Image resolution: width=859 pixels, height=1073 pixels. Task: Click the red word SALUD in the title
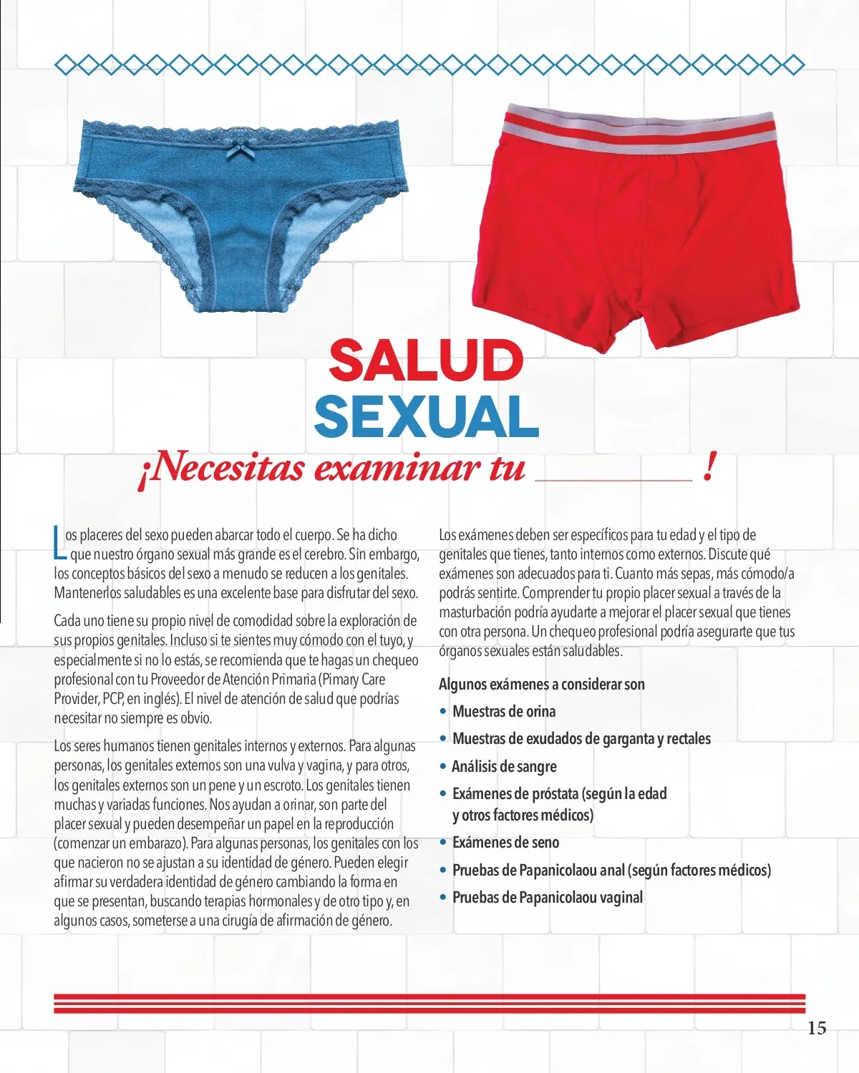coord(426,360)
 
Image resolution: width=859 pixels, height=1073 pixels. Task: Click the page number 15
coord(816,1028)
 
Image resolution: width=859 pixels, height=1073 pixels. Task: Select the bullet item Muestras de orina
coord(504,711)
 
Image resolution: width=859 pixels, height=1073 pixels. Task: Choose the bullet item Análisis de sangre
coord(504,766)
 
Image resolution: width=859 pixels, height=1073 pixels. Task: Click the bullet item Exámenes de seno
coord(505,842)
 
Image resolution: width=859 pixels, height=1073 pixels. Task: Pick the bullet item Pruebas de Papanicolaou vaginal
coord(548,897)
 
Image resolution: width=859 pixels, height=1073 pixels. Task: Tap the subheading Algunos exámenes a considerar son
coord(541,684)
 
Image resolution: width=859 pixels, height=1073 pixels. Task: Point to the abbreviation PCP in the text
coord(114,699)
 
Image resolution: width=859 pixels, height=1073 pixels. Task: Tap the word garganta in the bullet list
coord(628,738)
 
